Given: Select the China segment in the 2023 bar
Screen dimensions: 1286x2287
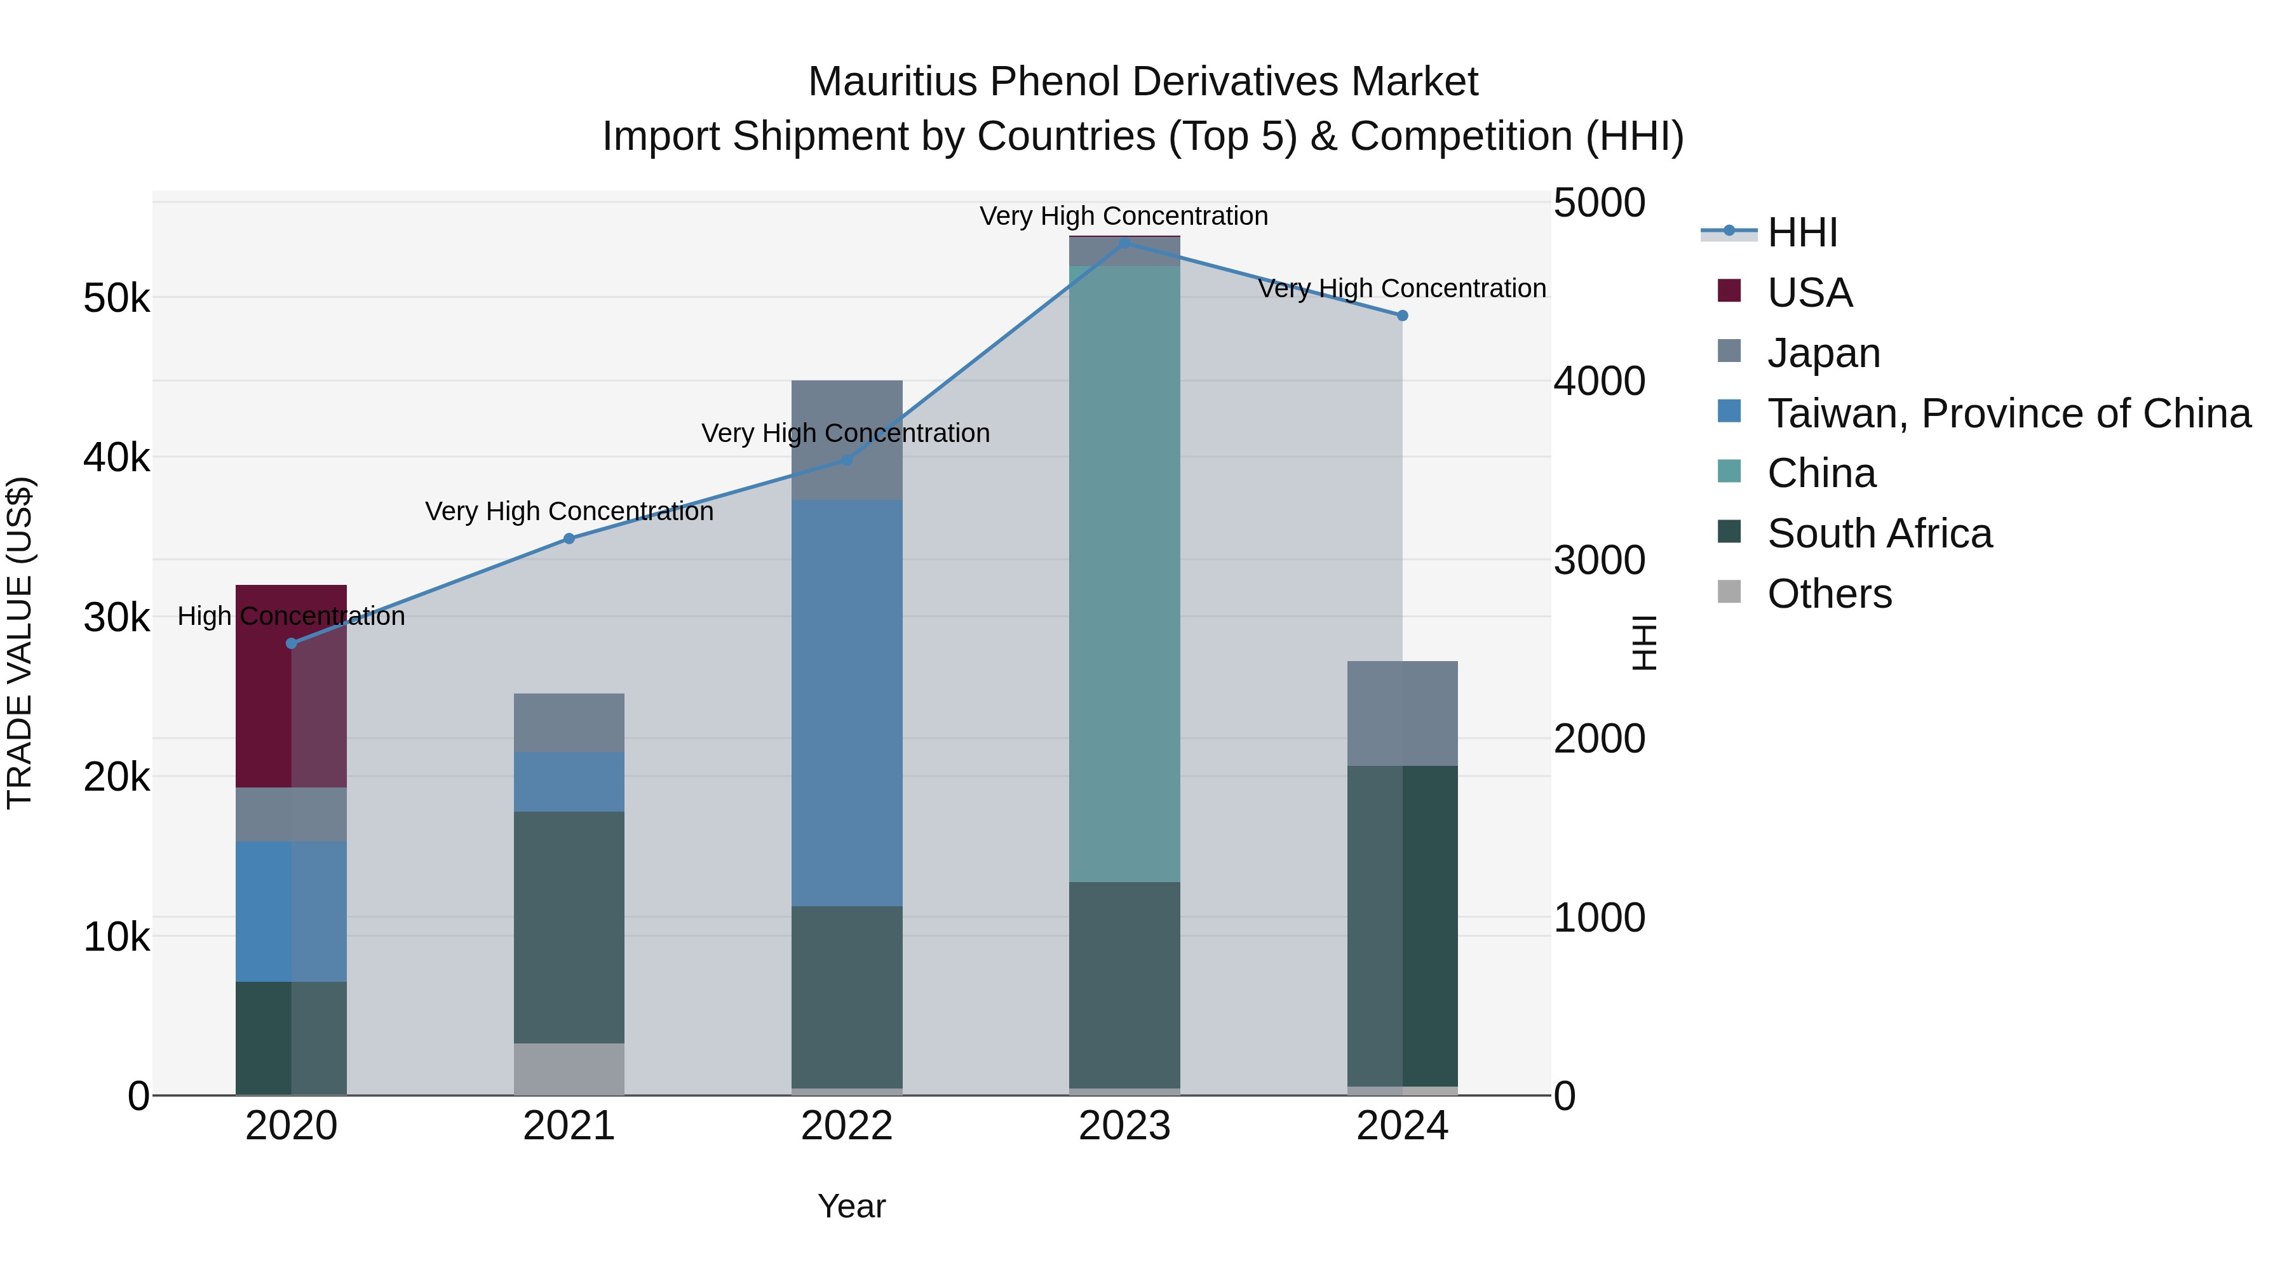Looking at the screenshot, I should [x=1124, y=573].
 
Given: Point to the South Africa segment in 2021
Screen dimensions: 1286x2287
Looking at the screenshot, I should [x=569, y=927].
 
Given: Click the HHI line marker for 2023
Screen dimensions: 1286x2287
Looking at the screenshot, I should [x=1124, y=243].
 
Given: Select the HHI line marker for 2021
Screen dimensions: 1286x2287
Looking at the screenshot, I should [x=569, y=539].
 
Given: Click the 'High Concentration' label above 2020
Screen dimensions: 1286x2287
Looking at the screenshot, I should [x=291, y=616].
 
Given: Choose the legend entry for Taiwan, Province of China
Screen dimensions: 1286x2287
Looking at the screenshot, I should [x=2008, y=413].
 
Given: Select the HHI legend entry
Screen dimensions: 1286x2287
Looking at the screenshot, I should [x=1802, y=232].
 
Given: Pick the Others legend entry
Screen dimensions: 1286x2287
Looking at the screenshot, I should [x=1829, y=594].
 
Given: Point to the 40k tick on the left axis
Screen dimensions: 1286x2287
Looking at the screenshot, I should [x=116, y=458].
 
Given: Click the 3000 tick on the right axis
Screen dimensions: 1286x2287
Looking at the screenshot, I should [x=1598, y=560].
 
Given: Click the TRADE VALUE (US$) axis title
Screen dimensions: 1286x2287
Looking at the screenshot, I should [x=20, y=643].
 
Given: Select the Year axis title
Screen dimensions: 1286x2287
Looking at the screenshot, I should [x=851, y=1206].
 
